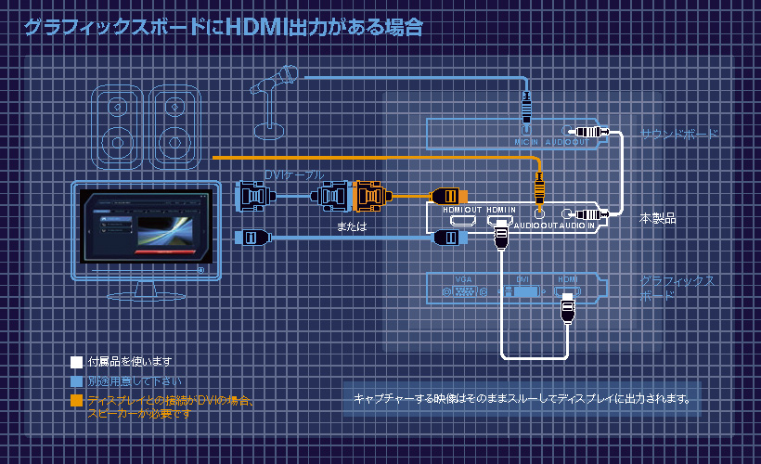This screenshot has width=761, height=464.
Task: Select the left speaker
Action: click(x=116, y=126)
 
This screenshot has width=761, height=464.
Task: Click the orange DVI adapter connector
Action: click(x=369, y=196)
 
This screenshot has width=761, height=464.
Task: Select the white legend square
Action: click(x=76, y=361)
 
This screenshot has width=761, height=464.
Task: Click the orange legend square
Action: click(x=76, y=401)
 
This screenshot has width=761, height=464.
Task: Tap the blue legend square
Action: click(x=76, y=380)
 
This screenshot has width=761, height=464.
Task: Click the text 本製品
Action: click(x=657, y=219)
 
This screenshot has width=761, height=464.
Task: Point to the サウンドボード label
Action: click(x=679, y=135)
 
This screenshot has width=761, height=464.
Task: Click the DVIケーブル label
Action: click(x=295, y=175)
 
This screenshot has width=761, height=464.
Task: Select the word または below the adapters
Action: click(x=351, y=226)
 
